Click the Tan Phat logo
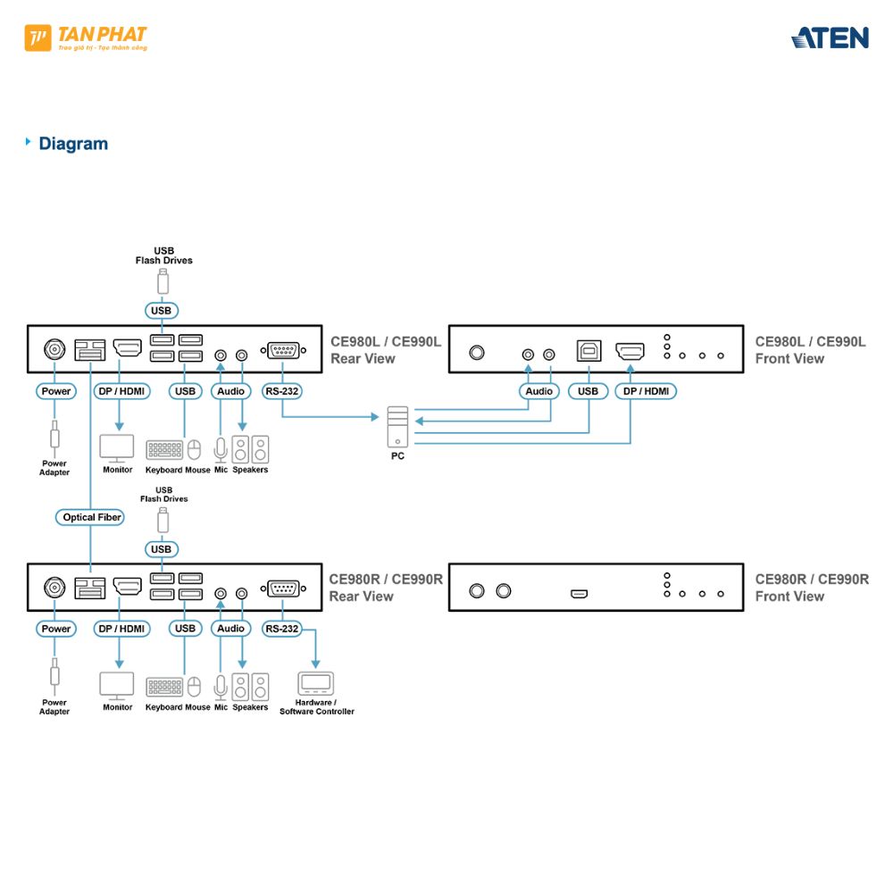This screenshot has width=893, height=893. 86,38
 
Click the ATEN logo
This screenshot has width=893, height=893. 830,38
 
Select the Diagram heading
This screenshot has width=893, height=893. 72,144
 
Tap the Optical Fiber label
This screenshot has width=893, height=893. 92,517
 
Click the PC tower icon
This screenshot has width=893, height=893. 397,426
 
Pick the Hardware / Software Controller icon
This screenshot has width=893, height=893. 315,683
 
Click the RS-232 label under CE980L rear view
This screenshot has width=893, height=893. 282,391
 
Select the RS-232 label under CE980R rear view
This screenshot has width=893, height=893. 281,629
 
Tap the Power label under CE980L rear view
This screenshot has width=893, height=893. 56,391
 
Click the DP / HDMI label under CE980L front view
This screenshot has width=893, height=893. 646,391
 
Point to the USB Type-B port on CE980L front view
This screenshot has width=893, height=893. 588,350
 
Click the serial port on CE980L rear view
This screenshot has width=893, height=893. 283,350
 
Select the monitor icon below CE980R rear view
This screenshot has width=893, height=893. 116,685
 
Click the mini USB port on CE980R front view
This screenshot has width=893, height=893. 580,593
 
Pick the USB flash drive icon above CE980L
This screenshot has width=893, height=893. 163,281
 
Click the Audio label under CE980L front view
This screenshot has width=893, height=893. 538,391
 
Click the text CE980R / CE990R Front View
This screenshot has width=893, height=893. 811,588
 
